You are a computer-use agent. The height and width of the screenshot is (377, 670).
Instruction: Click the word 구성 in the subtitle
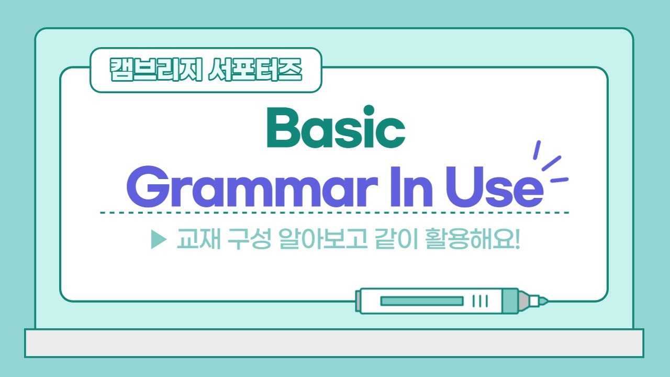(241, 241)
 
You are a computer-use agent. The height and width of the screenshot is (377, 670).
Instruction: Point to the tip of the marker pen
(544, 301)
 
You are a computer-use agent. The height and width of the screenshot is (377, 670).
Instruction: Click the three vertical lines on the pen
(480, 301)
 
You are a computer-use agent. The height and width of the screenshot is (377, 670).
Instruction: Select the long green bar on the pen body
(421, 301)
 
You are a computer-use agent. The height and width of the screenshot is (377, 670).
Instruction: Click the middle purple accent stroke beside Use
(551, 163)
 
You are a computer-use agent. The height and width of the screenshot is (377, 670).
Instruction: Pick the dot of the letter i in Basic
(370, 110)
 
